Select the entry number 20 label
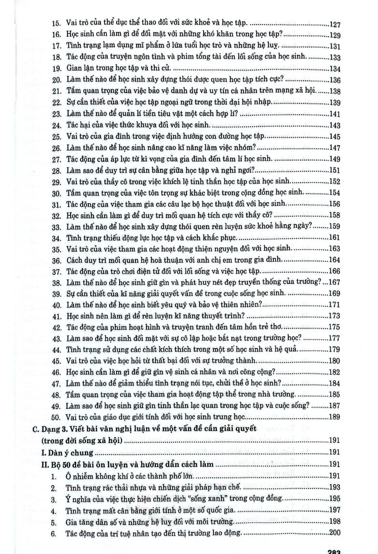pyautogui.click(x=55, y=80)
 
